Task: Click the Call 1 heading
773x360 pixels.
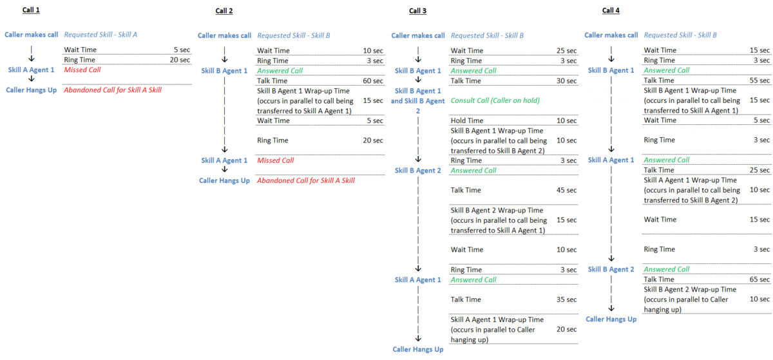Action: [31, 10]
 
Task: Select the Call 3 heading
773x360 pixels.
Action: [417, 11]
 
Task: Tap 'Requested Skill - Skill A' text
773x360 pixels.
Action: [100, 35]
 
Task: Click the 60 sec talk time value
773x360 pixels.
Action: [373, 81]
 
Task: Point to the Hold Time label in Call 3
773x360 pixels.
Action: [466, 120]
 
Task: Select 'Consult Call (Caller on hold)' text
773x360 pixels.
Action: [495, 100]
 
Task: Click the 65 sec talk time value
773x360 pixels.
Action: [759, 279]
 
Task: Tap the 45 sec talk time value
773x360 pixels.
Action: [566, 190]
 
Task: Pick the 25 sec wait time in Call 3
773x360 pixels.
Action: [566, 50]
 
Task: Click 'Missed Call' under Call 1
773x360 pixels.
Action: [82, 70]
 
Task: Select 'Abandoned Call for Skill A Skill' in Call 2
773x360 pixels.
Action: [306, 180]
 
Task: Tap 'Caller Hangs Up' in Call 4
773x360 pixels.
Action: [611, 319]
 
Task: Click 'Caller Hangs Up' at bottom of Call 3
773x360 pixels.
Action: [417, 349]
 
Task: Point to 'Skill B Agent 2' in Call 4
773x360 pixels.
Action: [611, 269]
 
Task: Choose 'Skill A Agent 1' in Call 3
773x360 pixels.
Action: [417, 279]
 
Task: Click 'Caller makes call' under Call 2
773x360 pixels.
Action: [224, 35]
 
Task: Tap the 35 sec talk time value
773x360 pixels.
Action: [566, 299]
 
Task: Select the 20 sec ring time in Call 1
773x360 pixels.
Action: [180, 60]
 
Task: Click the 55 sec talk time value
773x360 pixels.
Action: [759, 81]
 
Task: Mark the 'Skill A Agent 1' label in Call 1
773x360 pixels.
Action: [31, 70]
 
